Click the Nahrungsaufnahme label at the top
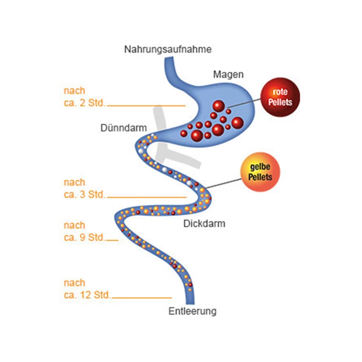click(x=168, y=49)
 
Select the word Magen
click(x=228, y=74)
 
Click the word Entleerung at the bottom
click(x=192, y=311)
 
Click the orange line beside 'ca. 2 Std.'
click(x=146, y=106)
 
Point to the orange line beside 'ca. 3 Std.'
click(x=146, y=198)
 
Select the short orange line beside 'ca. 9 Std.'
click(x=112, y=240)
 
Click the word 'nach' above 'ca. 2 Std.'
click(x=74, y=91)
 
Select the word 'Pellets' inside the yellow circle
click(x=260, y=177)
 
